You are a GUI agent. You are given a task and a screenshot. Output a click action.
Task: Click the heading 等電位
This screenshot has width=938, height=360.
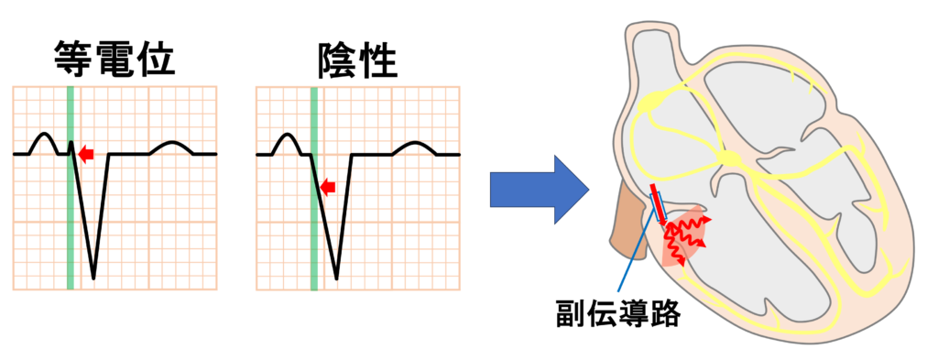click(115, 60)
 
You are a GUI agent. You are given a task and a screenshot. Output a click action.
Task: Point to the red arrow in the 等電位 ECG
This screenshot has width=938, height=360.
click(86, 154)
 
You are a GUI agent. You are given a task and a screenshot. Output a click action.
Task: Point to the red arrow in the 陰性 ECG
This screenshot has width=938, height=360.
click(328, 187)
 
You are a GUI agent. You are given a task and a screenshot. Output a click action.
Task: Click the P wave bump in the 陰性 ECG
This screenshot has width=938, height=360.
click(287, 140)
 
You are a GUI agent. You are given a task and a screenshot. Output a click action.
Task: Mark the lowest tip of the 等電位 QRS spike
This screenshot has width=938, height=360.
click(93, 276)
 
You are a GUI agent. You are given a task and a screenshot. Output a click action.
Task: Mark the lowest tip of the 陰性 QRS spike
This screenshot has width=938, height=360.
click(336, 276)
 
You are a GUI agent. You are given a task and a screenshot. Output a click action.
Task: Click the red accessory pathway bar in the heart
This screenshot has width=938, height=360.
click(658, 206)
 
